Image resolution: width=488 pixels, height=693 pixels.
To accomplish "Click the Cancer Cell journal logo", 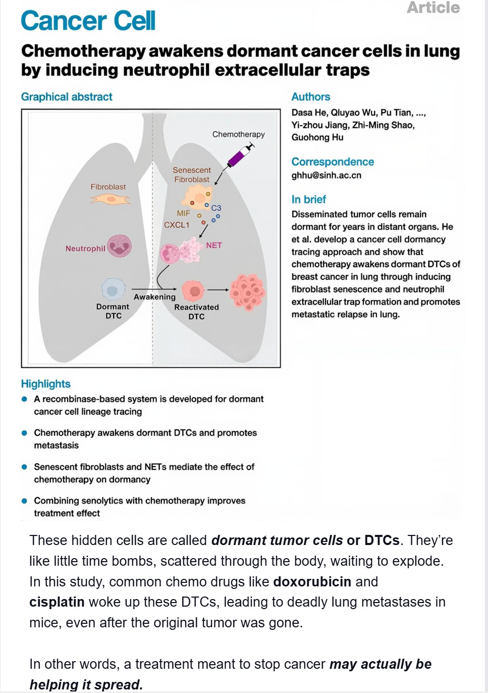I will [88, 21].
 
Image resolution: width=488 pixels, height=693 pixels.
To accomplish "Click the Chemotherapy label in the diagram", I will [238, 134].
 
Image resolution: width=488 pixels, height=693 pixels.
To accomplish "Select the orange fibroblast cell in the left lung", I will [111, 200].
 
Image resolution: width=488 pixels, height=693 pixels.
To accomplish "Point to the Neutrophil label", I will [85, 249].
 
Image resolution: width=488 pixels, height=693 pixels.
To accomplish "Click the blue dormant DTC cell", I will [114, 290].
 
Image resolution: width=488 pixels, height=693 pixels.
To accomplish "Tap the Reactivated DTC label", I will [196, 312].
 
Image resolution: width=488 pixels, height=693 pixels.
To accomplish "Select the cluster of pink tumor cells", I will [247, 291].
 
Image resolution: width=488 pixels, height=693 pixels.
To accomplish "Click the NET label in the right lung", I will [214, 245].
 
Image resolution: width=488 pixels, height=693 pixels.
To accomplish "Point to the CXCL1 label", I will [177, 225].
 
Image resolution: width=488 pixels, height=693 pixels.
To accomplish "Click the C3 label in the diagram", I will [216, 208].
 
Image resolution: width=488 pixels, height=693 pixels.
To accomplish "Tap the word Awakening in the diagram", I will [154, 297].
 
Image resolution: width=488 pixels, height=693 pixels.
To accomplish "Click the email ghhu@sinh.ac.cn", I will [326, 175].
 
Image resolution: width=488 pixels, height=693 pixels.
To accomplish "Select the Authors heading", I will [311, 96].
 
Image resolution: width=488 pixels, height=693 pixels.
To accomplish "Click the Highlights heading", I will [46, 384].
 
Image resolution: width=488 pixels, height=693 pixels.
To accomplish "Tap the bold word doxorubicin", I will [312, 581].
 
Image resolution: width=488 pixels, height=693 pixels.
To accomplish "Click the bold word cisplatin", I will [57, 602].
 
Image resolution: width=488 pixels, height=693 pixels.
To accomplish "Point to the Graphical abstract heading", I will [67, 96].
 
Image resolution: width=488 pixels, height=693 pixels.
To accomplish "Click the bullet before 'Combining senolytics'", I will [24, 501].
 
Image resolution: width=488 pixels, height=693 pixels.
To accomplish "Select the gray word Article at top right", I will [433, 8].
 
